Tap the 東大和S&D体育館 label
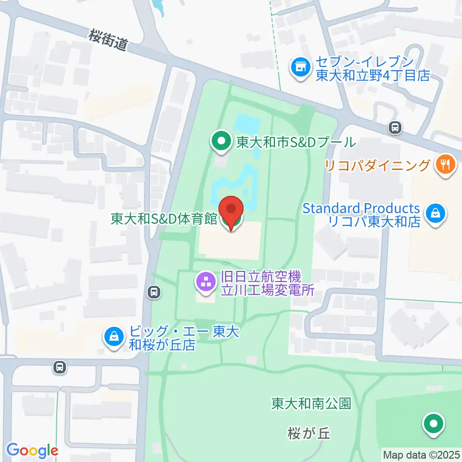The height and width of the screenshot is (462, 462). point(164,219)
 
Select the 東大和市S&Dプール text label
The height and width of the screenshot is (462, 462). point(295,142)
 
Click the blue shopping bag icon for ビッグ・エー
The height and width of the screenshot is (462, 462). point(114,337)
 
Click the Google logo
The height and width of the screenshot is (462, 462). point(32,450)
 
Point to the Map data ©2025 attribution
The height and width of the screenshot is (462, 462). point(422,454)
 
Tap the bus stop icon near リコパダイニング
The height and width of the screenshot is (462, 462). point(395,128)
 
